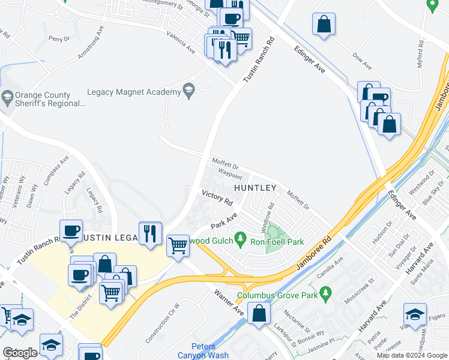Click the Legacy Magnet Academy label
[134, 92]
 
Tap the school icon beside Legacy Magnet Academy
[189, 91]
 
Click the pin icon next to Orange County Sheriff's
[8, 96]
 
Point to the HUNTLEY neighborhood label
[255, 188]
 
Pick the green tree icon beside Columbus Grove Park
[327, 293]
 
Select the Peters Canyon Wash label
[210, 350]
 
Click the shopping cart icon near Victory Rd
[178, 245]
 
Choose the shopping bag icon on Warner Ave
[259, 313]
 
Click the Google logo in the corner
[20, 353]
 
